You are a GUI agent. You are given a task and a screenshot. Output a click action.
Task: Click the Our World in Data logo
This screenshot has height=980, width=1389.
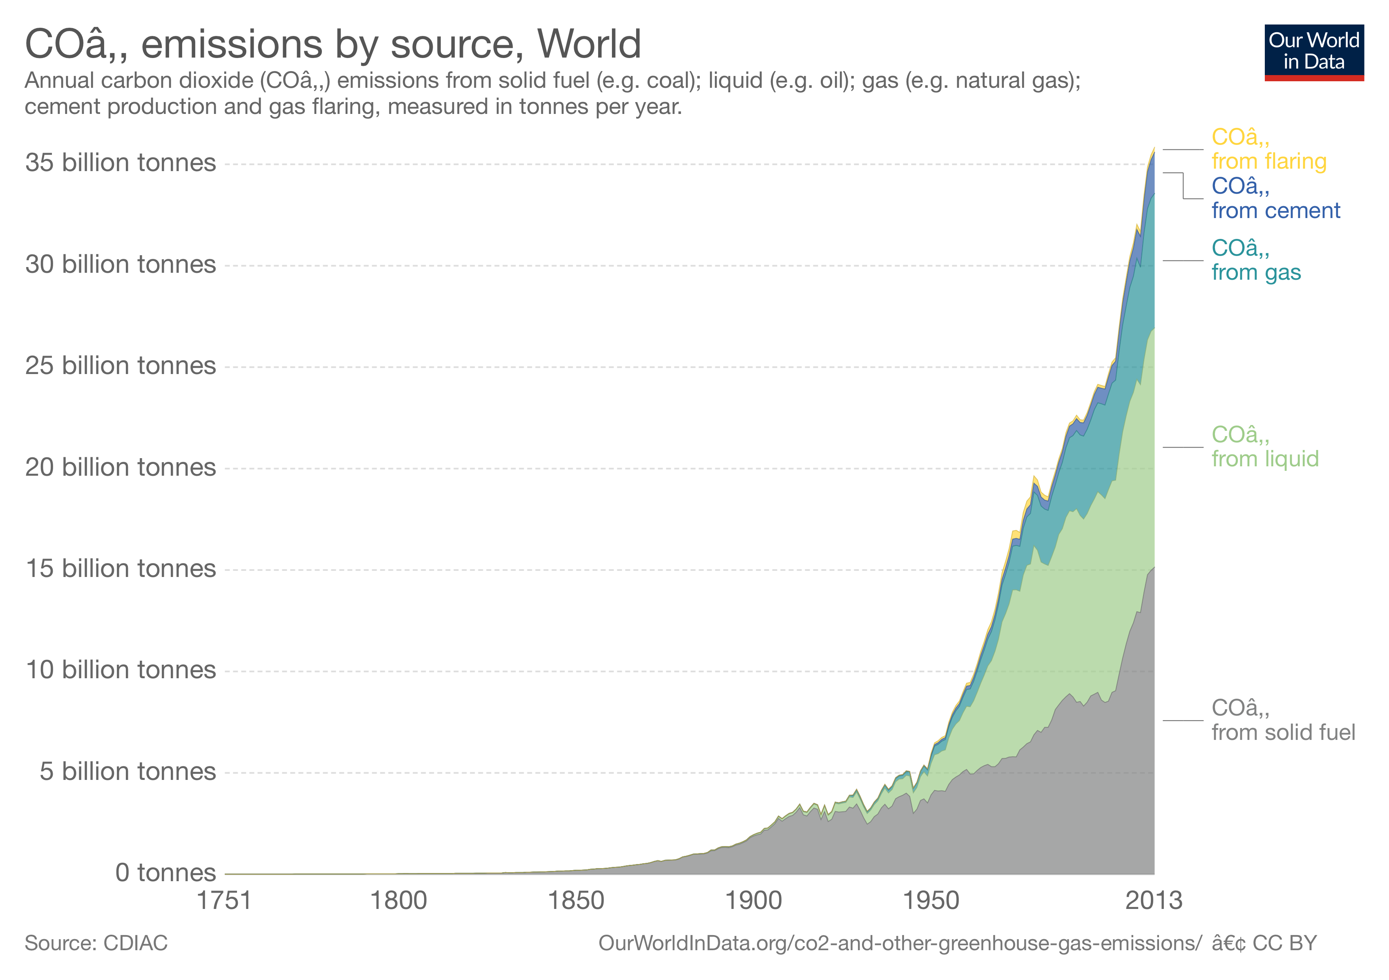(x=1313, y=52)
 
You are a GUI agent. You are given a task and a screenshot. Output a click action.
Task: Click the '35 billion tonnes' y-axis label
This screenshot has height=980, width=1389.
(x=121, y=163)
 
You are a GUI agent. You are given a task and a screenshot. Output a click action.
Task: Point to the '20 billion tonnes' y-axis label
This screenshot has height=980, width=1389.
(x=121, y=467)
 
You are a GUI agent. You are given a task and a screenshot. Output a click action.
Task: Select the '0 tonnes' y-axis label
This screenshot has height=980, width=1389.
(x=165, y=873)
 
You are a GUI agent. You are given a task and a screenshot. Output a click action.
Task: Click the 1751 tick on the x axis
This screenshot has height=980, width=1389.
(x=224, y=901)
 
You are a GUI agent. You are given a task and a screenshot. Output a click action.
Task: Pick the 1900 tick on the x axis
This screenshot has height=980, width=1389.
(x=753, y=901)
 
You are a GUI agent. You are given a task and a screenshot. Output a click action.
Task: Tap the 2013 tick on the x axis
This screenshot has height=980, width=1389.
(x=1153, y=901)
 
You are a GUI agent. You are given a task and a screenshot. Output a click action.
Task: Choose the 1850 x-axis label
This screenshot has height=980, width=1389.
(x=575, y=901)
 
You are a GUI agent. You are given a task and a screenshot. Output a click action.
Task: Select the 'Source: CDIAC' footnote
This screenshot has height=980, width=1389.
(x=96, y=943)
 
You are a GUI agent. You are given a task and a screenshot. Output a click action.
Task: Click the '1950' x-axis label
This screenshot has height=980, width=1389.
(x=931, y=901)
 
